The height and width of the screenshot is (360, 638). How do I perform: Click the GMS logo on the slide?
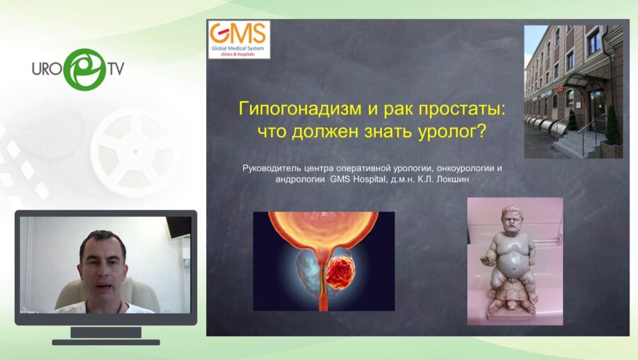(238, 39)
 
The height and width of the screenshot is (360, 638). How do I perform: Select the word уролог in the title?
(464, 132)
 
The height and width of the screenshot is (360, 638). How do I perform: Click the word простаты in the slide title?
(445, 111)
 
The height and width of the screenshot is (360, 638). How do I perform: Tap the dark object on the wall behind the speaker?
(178, 226)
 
